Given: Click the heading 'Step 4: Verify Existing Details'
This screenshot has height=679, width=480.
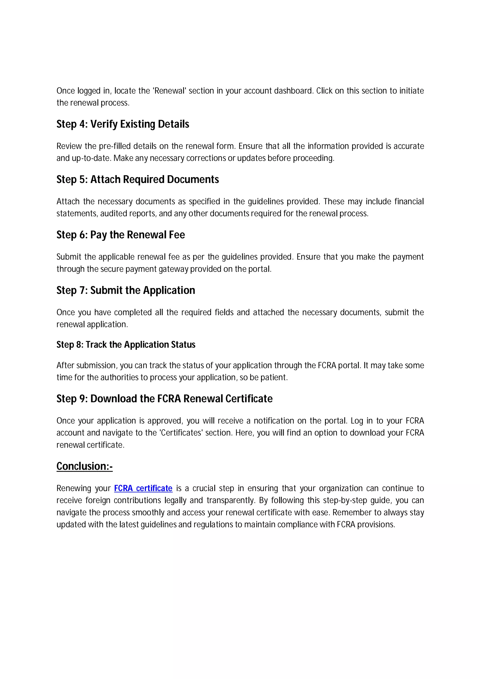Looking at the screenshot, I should (x=123, y=124).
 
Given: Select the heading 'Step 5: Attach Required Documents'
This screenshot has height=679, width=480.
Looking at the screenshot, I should (x=138, y=179).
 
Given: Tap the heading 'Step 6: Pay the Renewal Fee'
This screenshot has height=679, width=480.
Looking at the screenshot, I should (x=121, y=235).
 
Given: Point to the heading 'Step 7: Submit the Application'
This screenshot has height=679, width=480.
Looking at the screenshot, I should (x=126, y=290).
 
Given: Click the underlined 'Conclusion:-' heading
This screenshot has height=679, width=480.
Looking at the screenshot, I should (x=85, y=466).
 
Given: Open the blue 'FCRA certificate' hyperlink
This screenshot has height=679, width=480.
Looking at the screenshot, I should (x=143, y=488).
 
